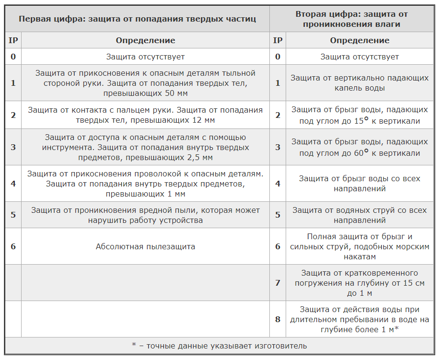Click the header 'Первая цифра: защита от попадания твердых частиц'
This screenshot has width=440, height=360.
pos(137,19)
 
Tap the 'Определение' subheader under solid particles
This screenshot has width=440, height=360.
pos(145,40)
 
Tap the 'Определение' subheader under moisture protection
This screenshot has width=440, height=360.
pos(359,40)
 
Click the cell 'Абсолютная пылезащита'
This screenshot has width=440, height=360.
pos(145,247)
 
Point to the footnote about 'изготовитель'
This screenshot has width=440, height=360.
pos(219,346)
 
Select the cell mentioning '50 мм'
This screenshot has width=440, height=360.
pos(145,83)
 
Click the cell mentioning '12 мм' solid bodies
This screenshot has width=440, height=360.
pos(145,115)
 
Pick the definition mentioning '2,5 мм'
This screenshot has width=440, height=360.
pos(145,147)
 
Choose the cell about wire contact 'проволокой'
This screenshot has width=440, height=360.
pos(145,184)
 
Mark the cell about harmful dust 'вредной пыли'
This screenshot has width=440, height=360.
pos(145,215)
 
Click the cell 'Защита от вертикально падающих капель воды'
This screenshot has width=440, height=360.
pos(359,83)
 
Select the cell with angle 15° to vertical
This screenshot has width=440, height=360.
pos(359,115)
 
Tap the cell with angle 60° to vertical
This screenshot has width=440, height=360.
pos(359,147)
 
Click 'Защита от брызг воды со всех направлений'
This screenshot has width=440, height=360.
pos(359,184)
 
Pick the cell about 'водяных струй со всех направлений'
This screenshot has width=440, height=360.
pos(359,215)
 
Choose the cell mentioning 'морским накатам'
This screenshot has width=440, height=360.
pos(359,247)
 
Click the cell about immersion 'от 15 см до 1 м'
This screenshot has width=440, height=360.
pos(359,283)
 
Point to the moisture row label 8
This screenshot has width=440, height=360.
pos(278,319)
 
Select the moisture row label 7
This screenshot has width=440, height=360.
pos(278,283)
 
